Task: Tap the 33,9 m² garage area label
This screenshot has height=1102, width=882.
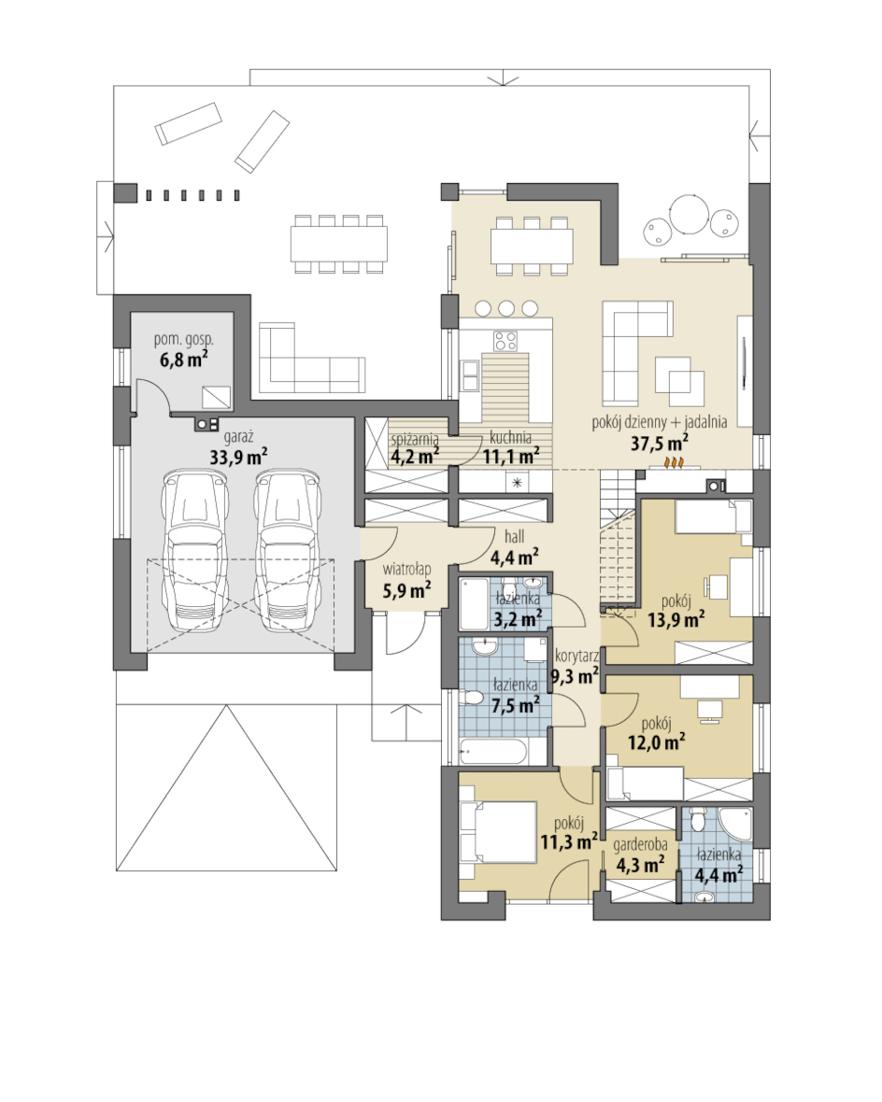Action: (238, 457)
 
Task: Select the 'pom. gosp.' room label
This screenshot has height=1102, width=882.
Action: (183, 339)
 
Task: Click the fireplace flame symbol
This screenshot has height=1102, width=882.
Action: (676, 463)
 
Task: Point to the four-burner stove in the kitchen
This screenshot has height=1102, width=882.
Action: (505, 341)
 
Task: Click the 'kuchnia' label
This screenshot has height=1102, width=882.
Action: (511, 439)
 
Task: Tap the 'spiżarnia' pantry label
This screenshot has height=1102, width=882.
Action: (415, 440)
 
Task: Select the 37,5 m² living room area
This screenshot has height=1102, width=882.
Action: (659, 443)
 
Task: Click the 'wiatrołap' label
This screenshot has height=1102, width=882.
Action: (406, 570)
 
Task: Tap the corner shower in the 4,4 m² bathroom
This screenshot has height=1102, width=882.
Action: (737, 823)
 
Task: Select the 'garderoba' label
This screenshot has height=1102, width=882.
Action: (640, 845)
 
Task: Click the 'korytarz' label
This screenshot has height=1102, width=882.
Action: (576, 657)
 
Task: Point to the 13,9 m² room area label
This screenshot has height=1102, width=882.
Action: (676, 619)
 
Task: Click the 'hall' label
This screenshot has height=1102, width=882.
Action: (514, 537)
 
